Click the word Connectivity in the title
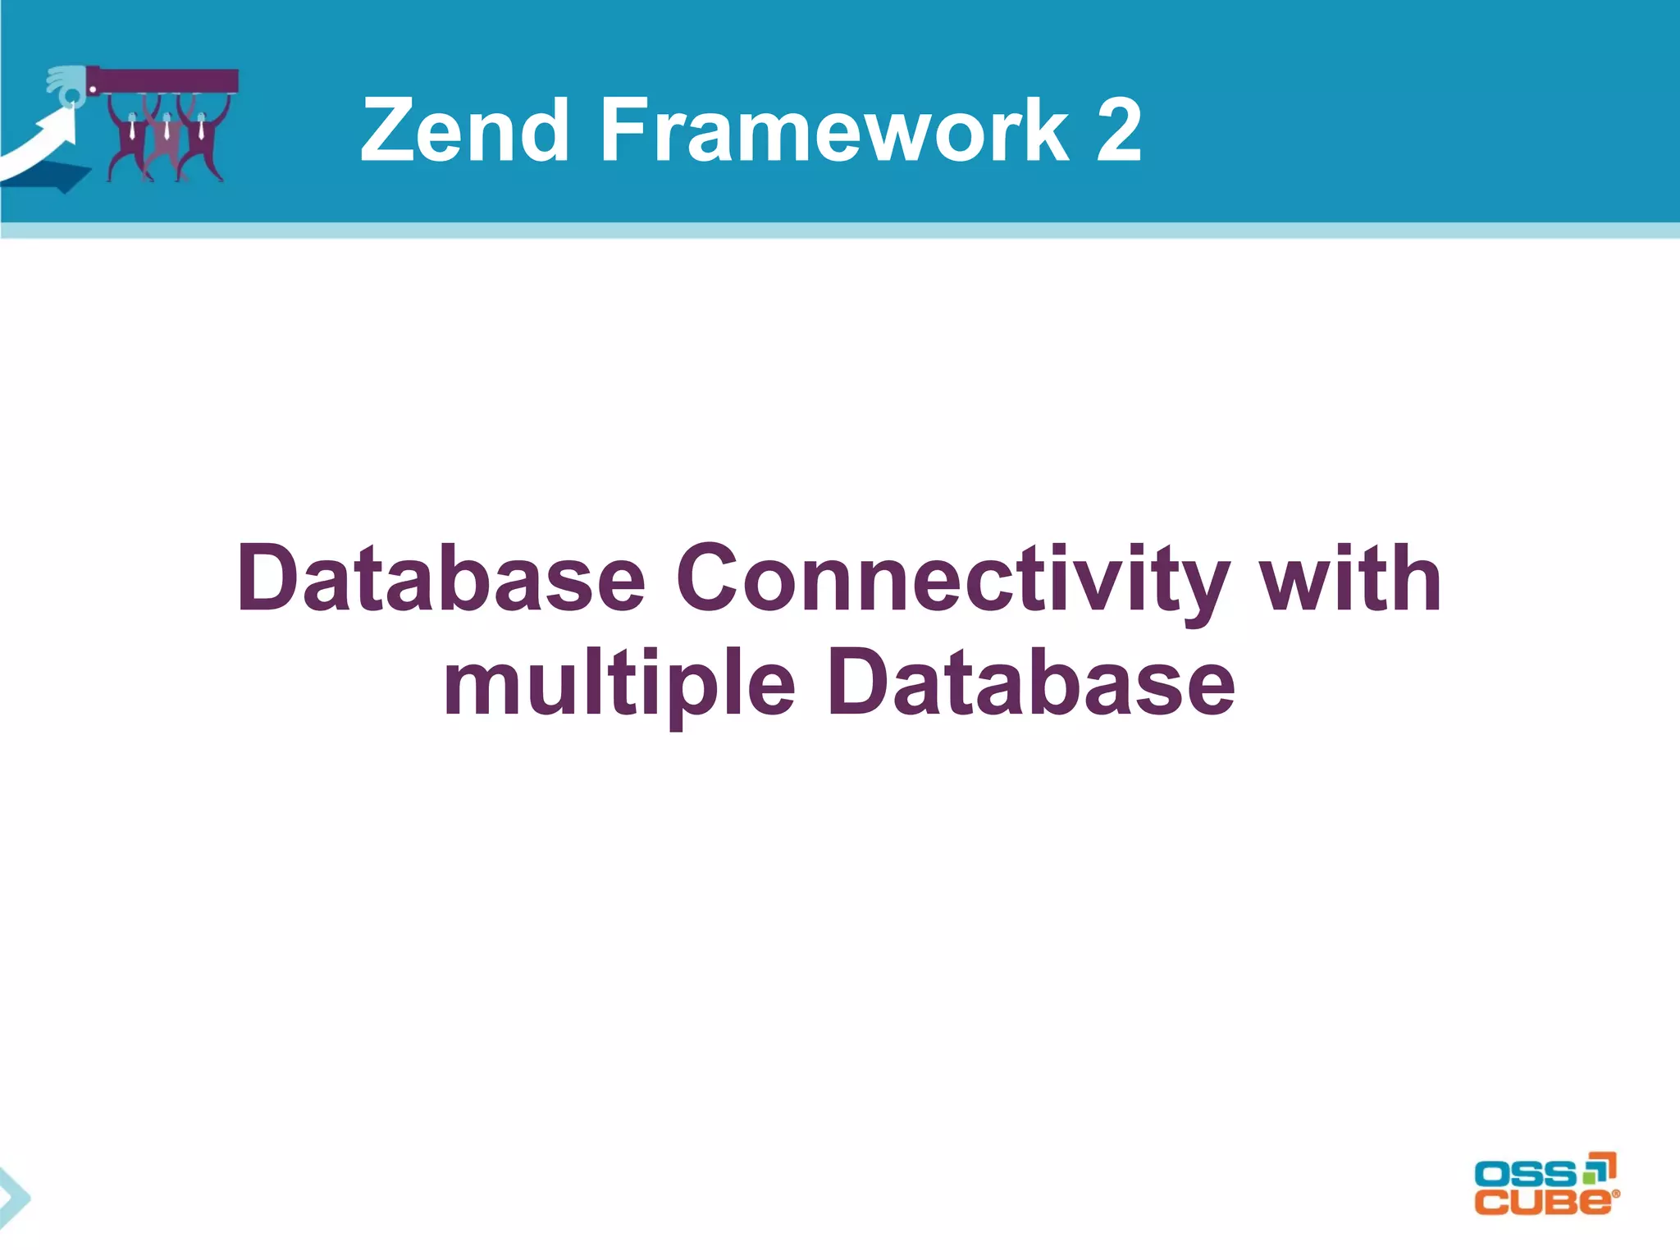[x=952, y=581]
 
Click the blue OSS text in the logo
[x=1524, y=1174]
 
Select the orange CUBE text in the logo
[x=1542, y=1202]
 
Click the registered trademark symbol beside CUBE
[x=1616, y=1194]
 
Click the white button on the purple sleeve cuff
[x=93, y=86]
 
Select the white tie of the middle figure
[x=167, y=130]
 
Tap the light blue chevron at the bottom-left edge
[x=14, y=1198]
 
